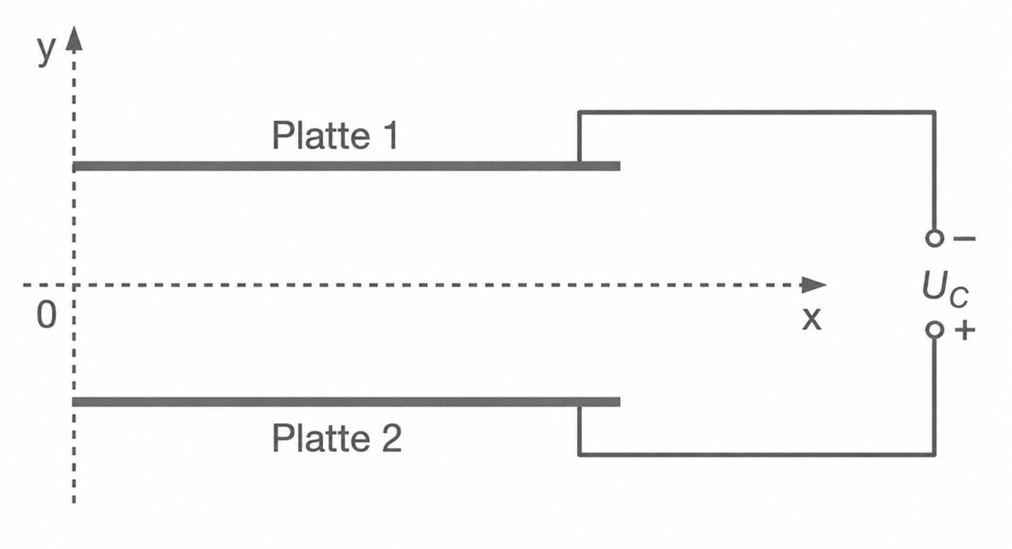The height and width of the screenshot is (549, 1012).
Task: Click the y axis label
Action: click(x=47, y=51)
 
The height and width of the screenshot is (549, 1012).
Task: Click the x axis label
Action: click(x=811, y=318)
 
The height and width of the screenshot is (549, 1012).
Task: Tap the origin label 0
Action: click(x=46, y=315)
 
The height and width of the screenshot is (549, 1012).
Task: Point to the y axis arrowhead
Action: click(x=74, y=38)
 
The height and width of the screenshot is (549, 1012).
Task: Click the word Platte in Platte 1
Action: click(x=321, y=135)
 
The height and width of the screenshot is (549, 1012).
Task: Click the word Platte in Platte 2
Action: click(x=321, y=438)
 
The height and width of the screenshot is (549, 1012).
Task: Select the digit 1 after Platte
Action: click(x=390, y=135)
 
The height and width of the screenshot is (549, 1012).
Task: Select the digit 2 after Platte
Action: click(x=391, y=438)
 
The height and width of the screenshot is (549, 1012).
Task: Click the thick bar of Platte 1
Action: click(x=346, y=166)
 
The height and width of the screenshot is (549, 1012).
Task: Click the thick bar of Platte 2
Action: click(x=346, y=402)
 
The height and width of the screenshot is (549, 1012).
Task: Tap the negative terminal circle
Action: click(x=934, y=238)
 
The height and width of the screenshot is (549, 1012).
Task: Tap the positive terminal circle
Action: click(x=934, y=330)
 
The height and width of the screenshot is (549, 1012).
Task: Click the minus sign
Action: click(x=964, y=238)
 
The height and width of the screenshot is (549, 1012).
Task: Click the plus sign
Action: click(x=964, y=330)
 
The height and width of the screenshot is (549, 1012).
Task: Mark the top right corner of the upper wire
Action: click(x=934, y=112)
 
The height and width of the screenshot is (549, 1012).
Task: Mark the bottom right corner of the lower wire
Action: click(x=934, y=455)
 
